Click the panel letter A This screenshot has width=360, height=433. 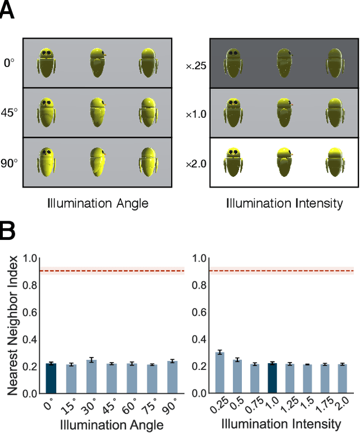[x=8, y=12]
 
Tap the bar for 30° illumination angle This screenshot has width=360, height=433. [x=91, y=377]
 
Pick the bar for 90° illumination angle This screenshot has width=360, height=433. [x=172, y=377]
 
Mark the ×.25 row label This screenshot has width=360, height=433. [x=197, y=65]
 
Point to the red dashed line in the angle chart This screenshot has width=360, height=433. [x=112, y=271]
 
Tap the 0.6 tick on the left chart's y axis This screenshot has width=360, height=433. [x=30, y=311]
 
